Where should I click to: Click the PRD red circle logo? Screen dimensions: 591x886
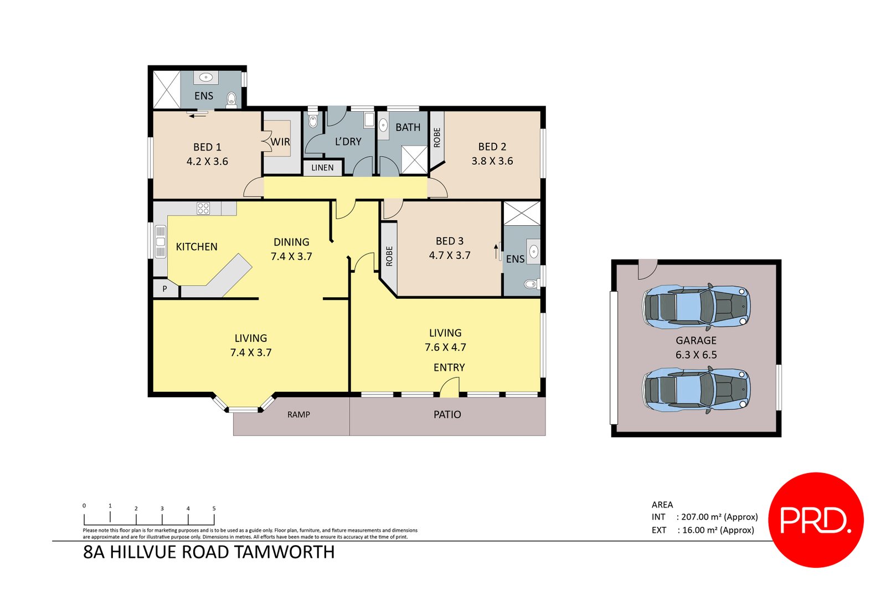tap(816, 519)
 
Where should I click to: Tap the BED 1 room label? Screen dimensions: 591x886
tap(207, 147)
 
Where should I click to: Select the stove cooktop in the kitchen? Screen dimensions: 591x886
tap(203, 209)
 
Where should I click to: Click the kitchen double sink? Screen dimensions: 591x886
tap(161, 242)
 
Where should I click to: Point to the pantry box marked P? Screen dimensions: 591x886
tap(164, 289)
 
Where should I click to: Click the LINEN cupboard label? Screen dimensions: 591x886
tap(322, 168)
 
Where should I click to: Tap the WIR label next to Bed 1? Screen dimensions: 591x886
tap(280, 142)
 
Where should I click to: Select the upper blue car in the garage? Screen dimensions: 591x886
tap(696, 307)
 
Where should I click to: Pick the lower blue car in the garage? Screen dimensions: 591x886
tap(696, 390)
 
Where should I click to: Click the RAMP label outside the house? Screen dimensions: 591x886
tap(298, 414)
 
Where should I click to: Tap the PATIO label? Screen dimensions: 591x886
tap(447, 414)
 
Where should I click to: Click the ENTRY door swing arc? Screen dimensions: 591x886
tap(450, 386)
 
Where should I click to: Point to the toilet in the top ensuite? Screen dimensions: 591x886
tap(231, 100)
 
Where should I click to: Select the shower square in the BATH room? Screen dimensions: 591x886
tap(414, 159)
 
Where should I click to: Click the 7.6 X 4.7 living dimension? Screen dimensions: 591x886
tap(445, 348)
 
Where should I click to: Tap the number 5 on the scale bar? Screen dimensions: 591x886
tap(214, 508)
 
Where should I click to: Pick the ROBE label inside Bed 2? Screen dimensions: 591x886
tap(437, 137)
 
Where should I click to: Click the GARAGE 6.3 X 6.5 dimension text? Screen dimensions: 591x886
tap(696, 355)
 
